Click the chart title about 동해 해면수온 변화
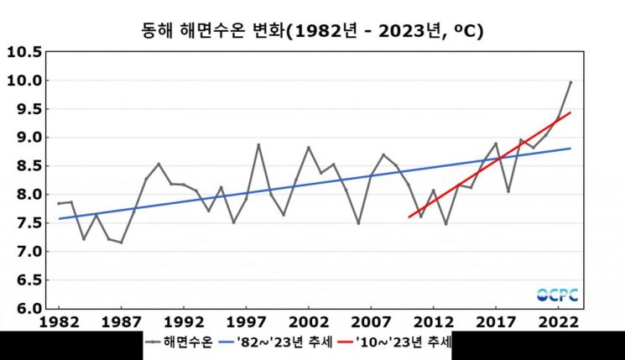click(312, 31)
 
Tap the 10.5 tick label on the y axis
click(24, 52)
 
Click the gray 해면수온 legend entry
click(177, 342)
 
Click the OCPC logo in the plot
click(558, 295)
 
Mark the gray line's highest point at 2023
click(570, 82)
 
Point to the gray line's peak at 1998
click(258, 144)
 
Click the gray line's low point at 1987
click(122, 243)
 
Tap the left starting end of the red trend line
click(409, 217)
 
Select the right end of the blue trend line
click(570, 149)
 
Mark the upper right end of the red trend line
click(570, 112)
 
